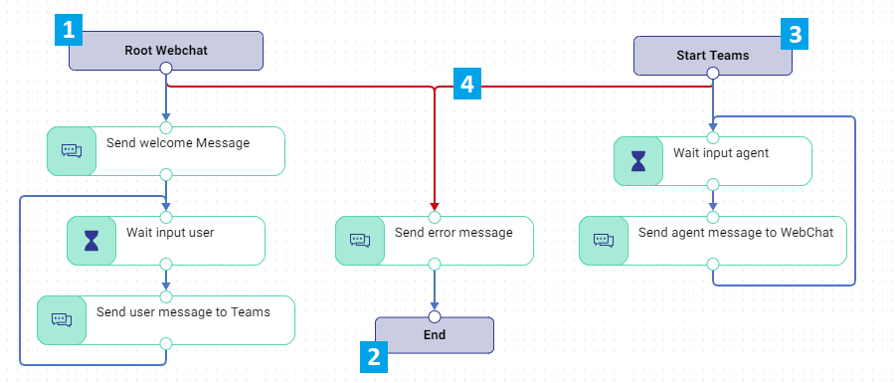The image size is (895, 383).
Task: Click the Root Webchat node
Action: pyautogui.click(x=165, y=50)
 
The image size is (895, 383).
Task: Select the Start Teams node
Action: pyautogui.click(x=712, y=56)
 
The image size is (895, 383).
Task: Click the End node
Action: pyautogui.click(x=435, y=335)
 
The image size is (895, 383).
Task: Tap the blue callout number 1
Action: pyautogui.click(x=69, y=30)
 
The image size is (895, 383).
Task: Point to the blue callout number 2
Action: pyautogui.click(x=374, y=357)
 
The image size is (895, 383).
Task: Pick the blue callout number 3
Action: pyautogui.click(x=795, y=35)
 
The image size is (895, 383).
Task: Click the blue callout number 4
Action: pyautogui.click(x=467, y=85)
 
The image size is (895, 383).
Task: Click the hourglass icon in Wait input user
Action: pyautogui.click(x=91, y=241)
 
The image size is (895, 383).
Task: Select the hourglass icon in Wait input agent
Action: pyautogui.click(x=638, y=161)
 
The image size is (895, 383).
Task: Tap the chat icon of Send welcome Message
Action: pyautogui.click(x=72, y=150)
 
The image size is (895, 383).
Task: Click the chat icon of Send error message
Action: pyautogui.click(x=360, y=241)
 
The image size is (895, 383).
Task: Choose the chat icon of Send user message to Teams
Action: pyautogui.click(x=62, y=319)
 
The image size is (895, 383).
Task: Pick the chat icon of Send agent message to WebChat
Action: pyautogui.click(x=604, y=241)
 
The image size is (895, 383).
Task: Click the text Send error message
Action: pyautogui.click(x=453, y=233)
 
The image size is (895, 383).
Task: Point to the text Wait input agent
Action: pyautogui.click(x=721, y=153)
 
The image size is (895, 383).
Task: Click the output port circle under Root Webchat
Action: pyautogui.click(x=166, y=69)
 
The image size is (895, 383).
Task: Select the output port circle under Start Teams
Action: pyautogui.click(x=712, y=73)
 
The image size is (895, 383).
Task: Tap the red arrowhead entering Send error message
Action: pyautogui.click(x=435, y=206)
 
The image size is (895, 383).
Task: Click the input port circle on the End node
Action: pyautogui.click(x=435, y=317)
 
